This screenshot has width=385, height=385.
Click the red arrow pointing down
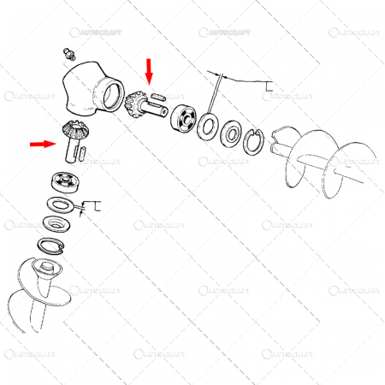coord(150,71)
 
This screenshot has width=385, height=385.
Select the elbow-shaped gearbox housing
coord(90,91)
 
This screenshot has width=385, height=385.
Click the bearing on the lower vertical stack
coord(64,181)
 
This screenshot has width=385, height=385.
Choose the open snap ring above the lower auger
coord(50,246)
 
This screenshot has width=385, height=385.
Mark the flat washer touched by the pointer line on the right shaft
coord(207,127)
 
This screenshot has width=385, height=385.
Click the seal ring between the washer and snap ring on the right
coord(231,133)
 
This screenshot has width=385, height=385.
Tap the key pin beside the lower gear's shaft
coord(82,154)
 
